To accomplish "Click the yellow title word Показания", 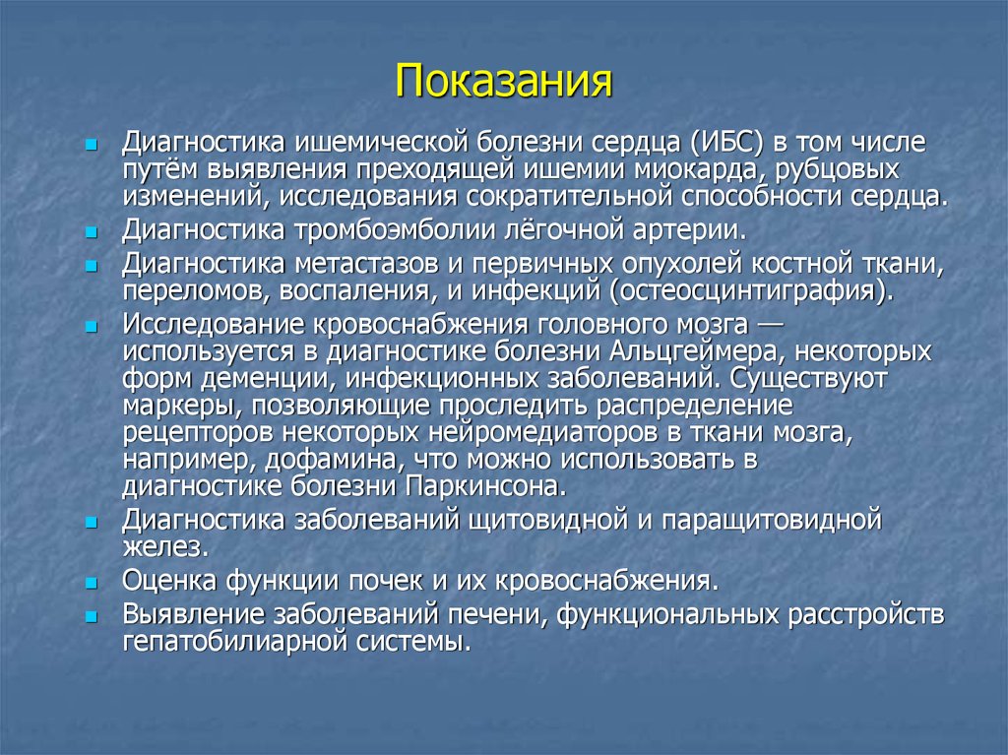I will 504,82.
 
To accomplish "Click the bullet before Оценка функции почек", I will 91,582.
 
